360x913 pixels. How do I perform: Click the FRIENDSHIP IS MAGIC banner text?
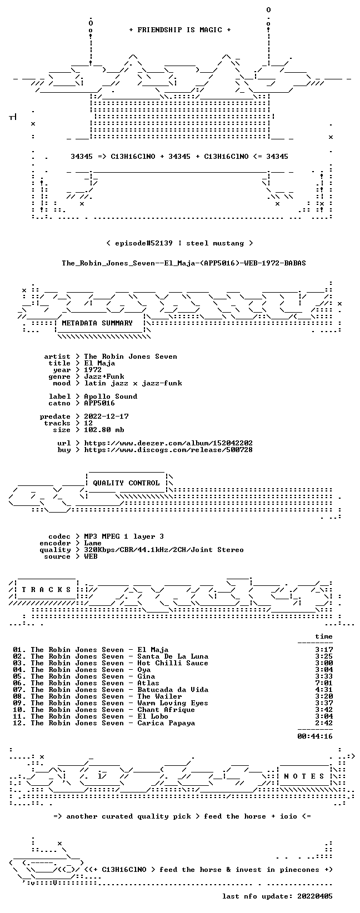[x=180, y=30]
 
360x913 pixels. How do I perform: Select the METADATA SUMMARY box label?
[x=97, y=323]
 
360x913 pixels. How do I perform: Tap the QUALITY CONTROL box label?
[x=126, y=483]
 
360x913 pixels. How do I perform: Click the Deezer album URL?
[x=168, y=443]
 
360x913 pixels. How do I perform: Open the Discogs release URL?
[x=168, y=450]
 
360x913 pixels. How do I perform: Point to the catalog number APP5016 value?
[x=99, y=403]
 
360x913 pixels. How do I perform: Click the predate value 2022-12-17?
[x=106, y=417]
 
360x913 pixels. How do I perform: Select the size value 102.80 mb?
[x=104, y=430]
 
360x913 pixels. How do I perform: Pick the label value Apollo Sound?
[x=111, y=397]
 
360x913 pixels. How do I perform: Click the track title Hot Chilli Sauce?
[x=173, y=663]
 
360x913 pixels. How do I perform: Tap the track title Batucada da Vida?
[x=173, y=690]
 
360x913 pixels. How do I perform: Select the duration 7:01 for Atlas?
[x=324, y=683]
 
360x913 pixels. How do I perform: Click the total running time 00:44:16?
[x=315, y=736]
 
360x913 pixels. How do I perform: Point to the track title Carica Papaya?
[x=166, y=723]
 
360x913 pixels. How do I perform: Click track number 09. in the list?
[x=19, y=703]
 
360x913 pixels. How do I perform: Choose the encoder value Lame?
[x=93, y=543]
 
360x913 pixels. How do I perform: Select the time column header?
[x=324, y=636]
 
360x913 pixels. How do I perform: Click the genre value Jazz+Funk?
[x=104, y=377]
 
